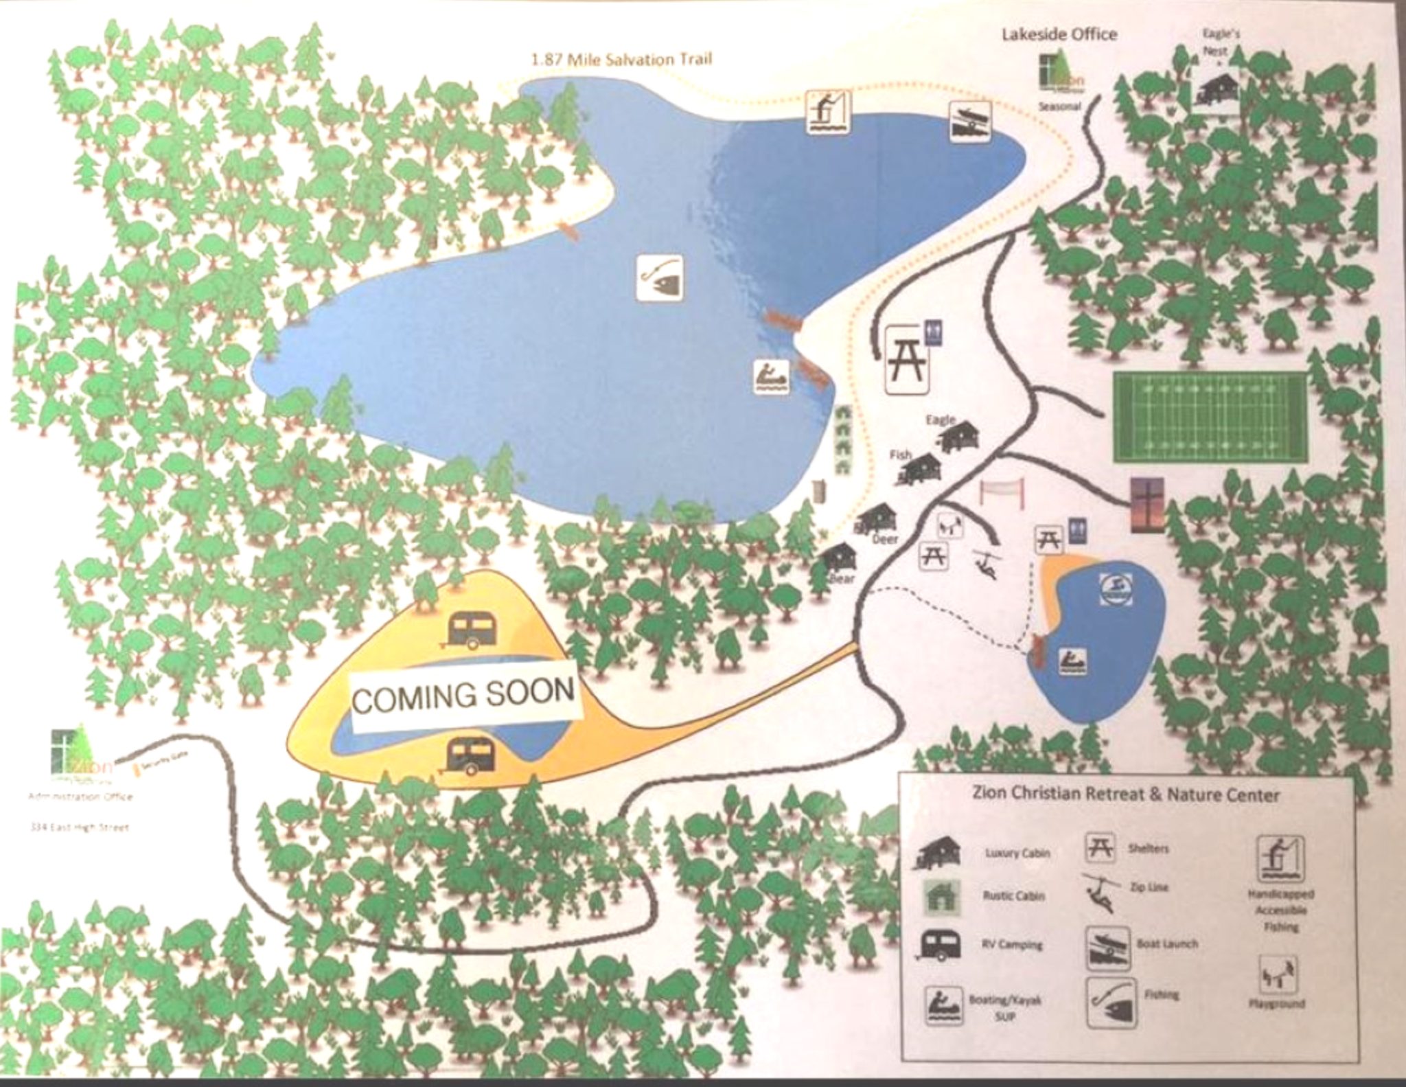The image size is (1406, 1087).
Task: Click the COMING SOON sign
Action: click(464, 695)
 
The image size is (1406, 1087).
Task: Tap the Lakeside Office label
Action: click(1059, 34)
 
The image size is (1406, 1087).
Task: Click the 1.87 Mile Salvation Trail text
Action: click(621, 59)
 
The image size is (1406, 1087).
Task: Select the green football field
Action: click(1210, 417)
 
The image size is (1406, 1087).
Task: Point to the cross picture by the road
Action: click(1147, 505)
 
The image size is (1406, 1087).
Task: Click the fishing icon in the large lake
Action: click(659, 278)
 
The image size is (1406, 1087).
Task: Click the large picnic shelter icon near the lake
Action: click(907, 360)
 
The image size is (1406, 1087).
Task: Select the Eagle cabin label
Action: click(940, 420)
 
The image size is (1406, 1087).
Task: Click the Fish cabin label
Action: click(900, 455)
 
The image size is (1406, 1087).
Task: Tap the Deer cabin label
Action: click(885, 540)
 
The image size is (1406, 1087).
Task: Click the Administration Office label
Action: click(80, 797)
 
